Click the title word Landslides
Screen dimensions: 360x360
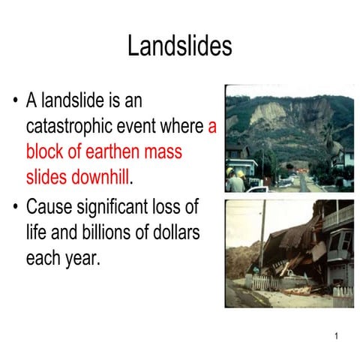click(179, 46)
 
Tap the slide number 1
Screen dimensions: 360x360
click(337, 335)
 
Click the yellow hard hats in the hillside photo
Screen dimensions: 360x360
click(234, 173)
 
